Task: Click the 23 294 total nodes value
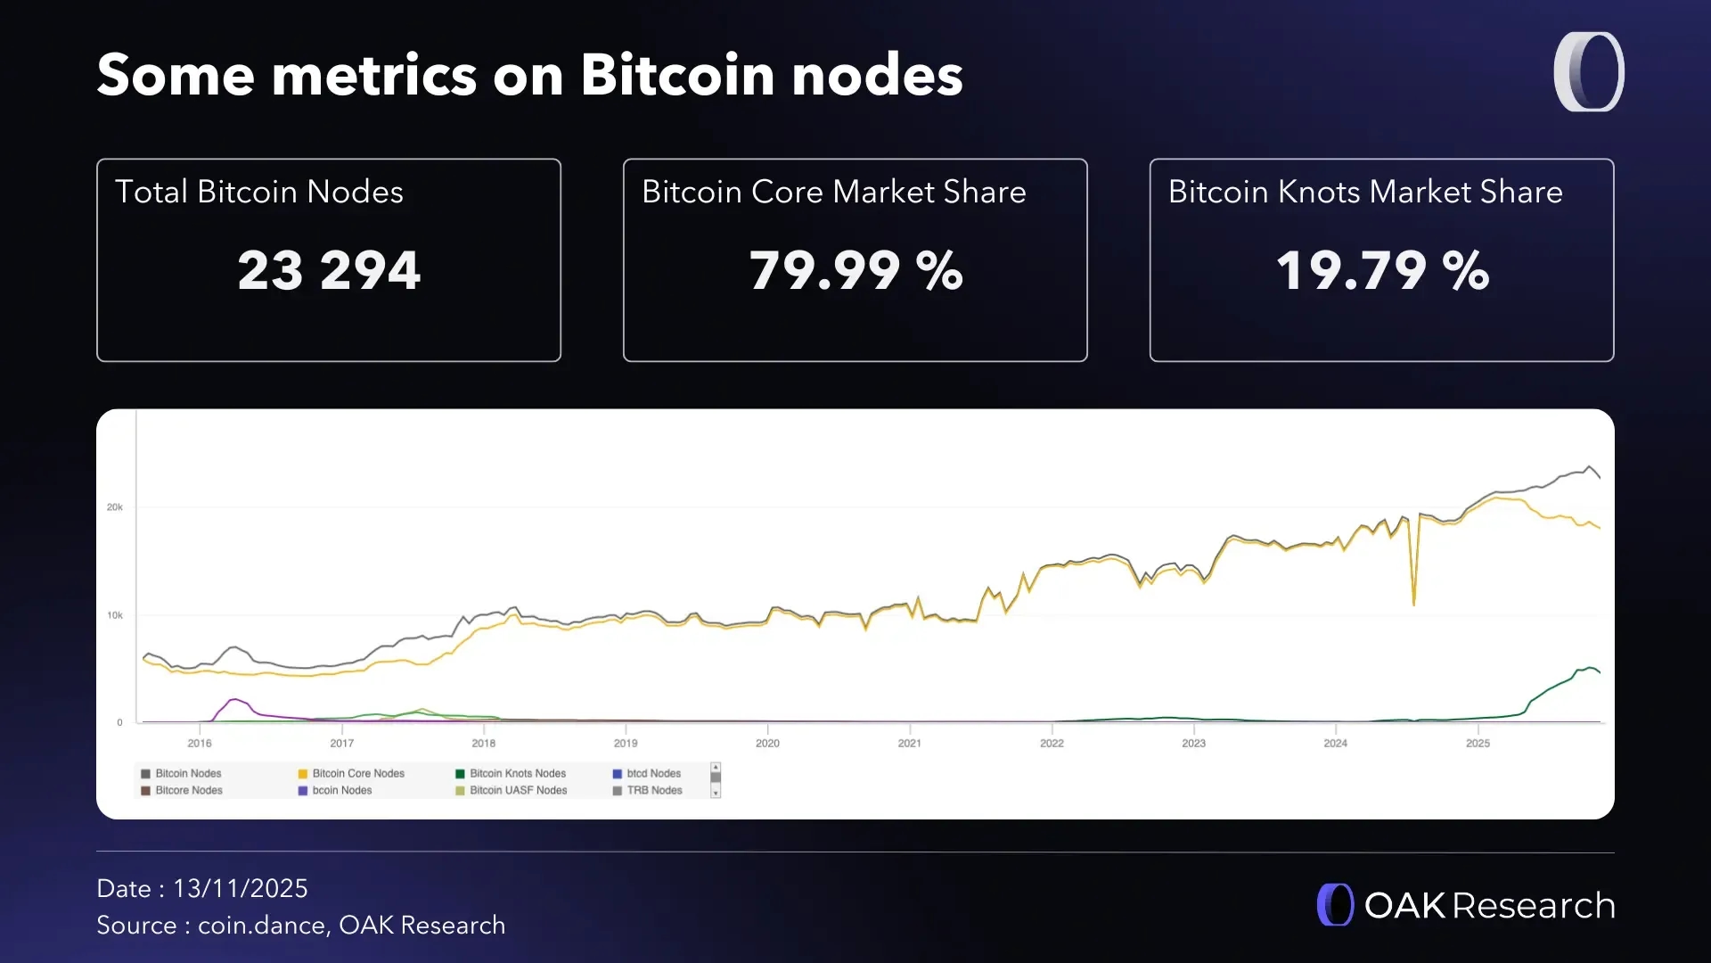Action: (329, 270)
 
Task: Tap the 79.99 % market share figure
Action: (855, 270)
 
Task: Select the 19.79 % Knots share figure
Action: (1382, 270)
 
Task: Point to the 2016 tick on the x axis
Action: (200, 743)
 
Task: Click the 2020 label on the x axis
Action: (767, 743)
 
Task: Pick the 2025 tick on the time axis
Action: (1478, 743)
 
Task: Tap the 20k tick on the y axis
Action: (115, 507)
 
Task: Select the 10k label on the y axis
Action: (115, 615)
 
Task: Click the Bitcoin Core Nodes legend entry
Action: (357, 774)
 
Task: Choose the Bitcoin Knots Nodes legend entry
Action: (517, 774)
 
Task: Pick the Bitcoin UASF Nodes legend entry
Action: (518, 791)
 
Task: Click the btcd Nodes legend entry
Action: (653, 774)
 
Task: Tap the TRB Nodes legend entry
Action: (654, 791)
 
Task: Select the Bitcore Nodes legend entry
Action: (188, 791)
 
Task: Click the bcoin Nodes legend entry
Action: (341, 791)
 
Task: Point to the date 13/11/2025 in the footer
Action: (240, 889)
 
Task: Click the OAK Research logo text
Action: (1489, 906)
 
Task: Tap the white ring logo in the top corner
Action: (1589, 72)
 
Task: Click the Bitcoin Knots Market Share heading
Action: (1365, 193)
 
